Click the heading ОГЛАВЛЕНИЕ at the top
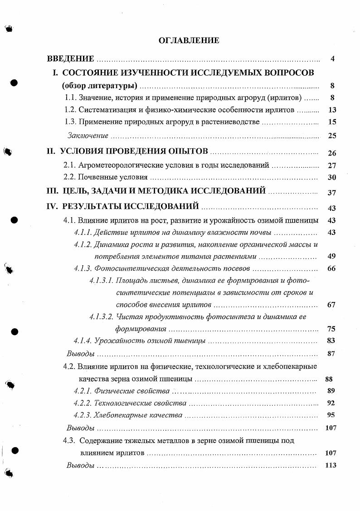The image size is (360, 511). [x=189, y=41]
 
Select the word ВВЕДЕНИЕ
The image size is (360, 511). [x=71, y=59]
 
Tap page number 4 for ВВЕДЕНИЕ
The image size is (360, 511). [x=332, y=59]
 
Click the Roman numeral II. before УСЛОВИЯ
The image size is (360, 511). [x=53, y=151]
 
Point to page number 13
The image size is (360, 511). [x=331, y=110]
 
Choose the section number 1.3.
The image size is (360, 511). [x=70, y=122]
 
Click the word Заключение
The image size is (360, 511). [x=88, y=136]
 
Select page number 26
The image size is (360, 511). [x=331, y=153]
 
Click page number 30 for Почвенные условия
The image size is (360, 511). [x=331, y=178]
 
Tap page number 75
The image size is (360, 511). [x=331, y=329]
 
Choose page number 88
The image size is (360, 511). [x=330, y=379]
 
